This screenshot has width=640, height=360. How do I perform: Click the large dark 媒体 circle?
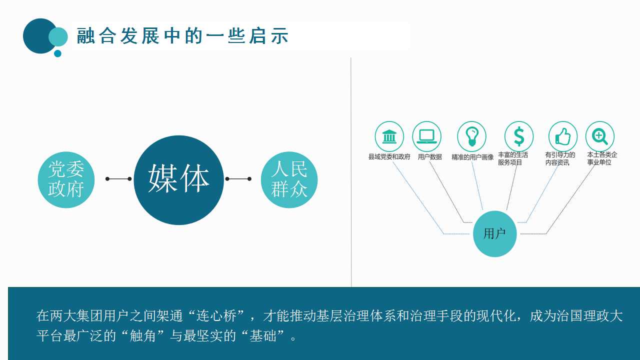click(x=179, y=180)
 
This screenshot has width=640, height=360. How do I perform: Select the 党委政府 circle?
click(x=66, y=179)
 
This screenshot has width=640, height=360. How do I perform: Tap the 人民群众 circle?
click(x=289, y=179)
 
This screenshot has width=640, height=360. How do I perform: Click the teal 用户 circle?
click(x=495, y=233)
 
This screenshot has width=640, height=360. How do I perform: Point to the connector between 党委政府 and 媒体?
click(x=118, y=179)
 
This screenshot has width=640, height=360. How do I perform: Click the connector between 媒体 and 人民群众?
click(x=238, y=179)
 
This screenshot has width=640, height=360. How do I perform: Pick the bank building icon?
click(x=389, y=136)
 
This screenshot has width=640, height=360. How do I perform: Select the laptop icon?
click(x=427, y=136)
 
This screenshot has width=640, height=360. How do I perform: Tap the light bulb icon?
click(x=471, y=136)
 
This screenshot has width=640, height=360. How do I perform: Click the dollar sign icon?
click(x=519, y=136)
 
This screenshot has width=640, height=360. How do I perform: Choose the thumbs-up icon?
click(x=563, y=136)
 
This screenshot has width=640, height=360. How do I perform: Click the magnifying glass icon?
click(x=599, y=136)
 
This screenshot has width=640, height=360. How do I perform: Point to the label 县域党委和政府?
click(x=389, y=157)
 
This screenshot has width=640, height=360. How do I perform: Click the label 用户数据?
click(x=429, y=157)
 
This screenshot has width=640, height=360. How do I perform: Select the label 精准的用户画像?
click(x=472, y=157)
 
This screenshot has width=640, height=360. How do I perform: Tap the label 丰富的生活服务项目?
click(x=513, y=158)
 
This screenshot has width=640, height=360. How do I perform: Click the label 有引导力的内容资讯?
click(x=560, y=158)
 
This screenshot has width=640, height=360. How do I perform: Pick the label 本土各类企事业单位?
click(x=602, y=158)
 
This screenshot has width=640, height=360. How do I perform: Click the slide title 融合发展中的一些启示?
click(x=182, y=35)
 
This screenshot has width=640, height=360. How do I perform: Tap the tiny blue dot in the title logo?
click(x=57, y=53)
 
